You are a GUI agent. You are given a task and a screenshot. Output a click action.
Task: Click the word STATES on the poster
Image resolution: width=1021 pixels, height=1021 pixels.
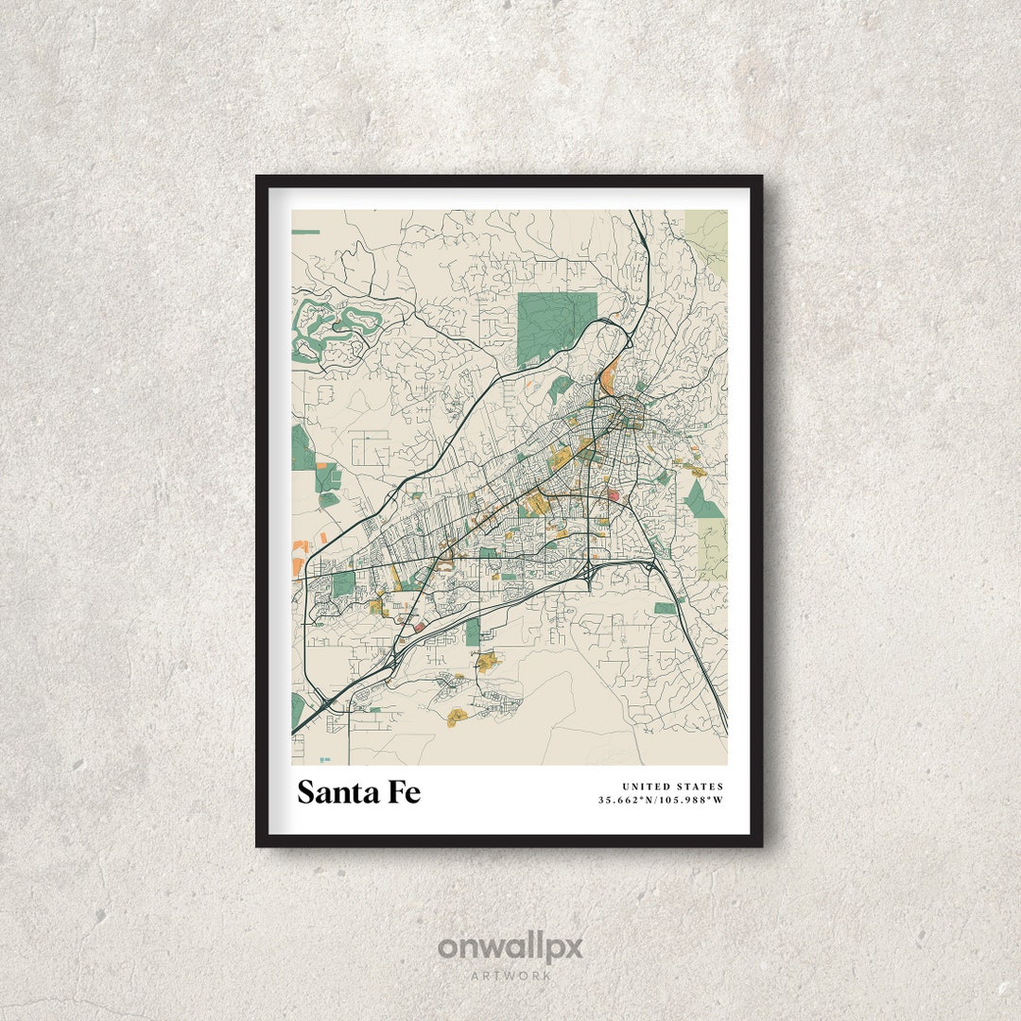pos(702,787)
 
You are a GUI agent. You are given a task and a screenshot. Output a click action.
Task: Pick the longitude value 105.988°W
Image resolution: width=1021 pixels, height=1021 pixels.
pos(693,801)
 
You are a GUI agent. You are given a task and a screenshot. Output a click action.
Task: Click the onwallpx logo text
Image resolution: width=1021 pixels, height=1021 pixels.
pos(510,947)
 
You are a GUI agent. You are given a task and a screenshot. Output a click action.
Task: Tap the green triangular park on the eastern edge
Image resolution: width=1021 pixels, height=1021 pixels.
pos(702,501)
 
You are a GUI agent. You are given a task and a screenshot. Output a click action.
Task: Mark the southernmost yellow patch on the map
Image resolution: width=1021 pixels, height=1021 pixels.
pos(459,715)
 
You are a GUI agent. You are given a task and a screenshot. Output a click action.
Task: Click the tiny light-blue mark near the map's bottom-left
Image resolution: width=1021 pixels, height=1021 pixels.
pos(325,758)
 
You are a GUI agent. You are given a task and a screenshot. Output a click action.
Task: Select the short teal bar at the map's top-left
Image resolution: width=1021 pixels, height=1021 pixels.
pos(305,232)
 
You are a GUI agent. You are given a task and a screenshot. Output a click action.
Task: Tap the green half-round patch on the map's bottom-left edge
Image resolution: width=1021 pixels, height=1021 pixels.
pos(297,710)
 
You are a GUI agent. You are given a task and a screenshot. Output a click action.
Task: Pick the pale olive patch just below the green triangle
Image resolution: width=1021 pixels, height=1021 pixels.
pos(714,548)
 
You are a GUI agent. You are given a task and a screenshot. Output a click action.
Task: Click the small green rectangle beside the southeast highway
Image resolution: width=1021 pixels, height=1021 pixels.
pos(666,609)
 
